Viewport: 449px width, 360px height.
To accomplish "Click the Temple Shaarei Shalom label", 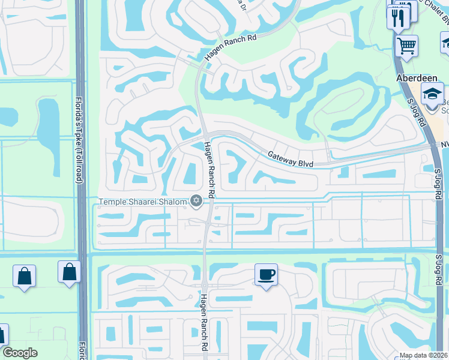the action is click(142, 202).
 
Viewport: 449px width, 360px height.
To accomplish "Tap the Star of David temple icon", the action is click(195, 202).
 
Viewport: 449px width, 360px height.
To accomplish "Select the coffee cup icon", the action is click(266, 275).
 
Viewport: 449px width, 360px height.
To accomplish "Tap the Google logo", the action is click(20, 353).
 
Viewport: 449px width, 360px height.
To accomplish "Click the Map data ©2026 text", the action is click(424, 355).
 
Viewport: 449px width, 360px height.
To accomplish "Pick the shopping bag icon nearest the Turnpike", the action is click(70, 272).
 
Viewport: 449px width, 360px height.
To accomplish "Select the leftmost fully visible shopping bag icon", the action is click(24, 276).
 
